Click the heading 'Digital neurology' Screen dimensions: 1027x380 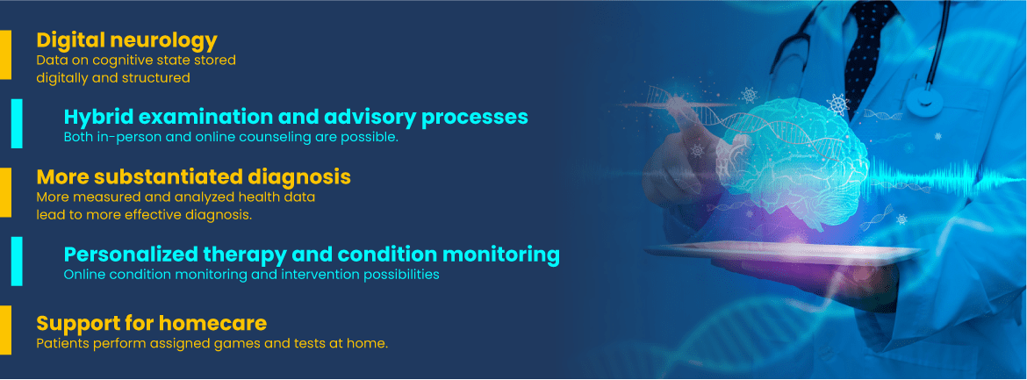(126, 40)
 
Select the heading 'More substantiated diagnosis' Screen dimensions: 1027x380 (193, 177)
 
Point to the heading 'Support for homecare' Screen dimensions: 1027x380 (151, 323)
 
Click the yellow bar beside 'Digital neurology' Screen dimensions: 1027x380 (5, 55)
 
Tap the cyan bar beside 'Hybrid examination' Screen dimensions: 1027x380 (17, 124)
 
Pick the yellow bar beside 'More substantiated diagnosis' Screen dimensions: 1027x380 (5, 192)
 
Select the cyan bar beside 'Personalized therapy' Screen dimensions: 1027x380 (17, 262)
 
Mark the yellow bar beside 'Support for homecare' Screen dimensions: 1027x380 (5, 330)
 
